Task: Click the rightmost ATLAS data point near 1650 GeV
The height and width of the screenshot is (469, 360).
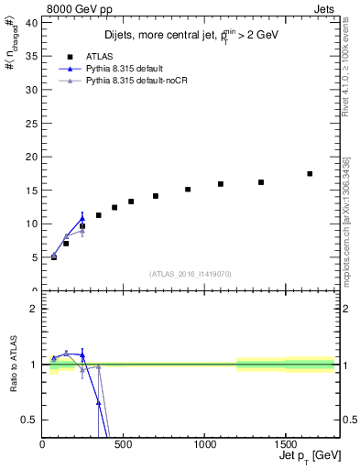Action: tap(310, 173)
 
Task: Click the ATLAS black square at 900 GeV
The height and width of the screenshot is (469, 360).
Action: tap(188, 190)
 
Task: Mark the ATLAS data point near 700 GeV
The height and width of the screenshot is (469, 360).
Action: tap(156, 196)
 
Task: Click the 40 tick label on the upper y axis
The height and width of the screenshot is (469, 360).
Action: tap(31, 23)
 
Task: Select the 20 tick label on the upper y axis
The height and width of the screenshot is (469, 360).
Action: tap(31, 157)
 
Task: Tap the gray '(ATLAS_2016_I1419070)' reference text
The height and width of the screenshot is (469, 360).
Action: tap(191, 274)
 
